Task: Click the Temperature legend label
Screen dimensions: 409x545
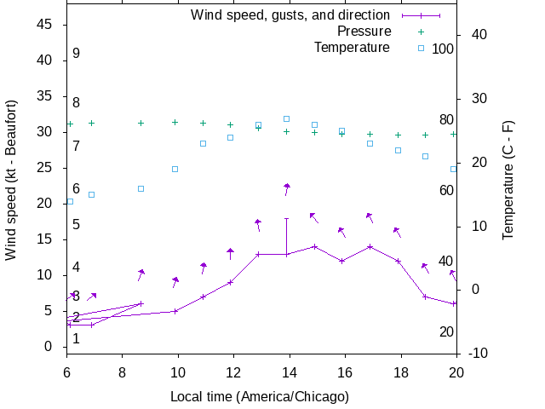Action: pyautogui.click(x=352, y=47)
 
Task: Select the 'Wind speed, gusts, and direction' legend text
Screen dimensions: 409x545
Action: pyautogui.click(x=290, y=14)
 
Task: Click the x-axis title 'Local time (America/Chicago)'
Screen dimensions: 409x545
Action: pyautogui.click(x=260, y=396)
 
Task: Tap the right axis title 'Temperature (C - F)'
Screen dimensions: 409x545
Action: pyautogui.click(x=508, y=180)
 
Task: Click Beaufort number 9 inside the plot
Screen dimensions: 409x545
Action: pyautogui.click(x=76, y=54)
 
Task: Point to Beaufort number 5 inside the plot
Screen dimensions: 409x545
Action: pyautogui.click(x=76, y=225)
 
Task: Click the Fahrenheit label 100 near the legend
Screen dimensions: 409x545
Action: pyautogui.click(x=443, y=49)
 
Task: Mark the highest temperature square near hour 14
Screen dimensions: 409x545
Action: pyautogui.click(x=287, y=118)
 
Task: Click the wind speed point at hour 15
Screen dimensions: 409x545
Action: pyautogui.click(x=314, y=247)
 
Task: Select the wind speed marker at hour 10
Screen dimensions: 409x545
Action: pyautogui.click(x=175, y=311)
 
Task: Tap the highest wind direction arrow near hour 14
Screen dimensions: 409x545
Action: pyautogui.click(x=287, y=188)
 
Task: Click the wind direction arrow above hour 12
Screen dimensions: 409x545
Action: pyautogui.click(x=230, y=253)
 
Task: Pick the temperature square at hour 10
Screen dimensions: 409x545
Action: pyautogui.click(x=175, y=169)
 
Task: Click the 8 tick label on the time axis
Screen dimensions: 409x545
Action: pyautogui.click(x=122, y=372)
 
